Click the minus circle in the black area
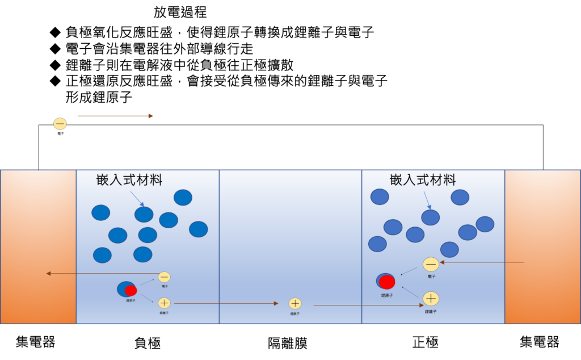click(60, 124)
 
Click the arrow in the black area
click(115, 116)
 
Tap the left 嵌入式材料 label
click(129, 180)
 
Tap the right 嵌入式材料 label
click(423, 180)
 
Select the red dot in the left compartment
click(130, 291)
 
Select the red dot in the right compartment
click(387, 282)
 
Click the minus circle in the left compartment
click(164, 277)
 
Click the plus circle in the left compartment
click(164, 303)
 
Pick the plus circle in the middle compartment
click(295, 304)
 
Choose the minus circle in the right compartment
click(431, 264)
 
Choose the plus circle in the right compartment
click(431, 299)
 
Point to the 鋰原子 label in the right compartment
click(387, 295)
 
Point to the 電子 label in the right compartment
click(432, 277)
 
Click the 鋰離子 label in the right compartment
click(431, 311)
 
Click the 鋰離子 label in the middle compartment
click(295, 313)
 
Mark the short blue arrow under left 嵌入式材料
click(137, 199)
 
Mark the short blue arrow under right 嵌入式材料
click(427, 200)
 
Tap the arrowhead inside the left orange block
click(49, 274)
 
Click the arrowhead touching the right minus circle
click(442, 262)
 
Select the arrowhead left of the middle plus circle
click(276, 303)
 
